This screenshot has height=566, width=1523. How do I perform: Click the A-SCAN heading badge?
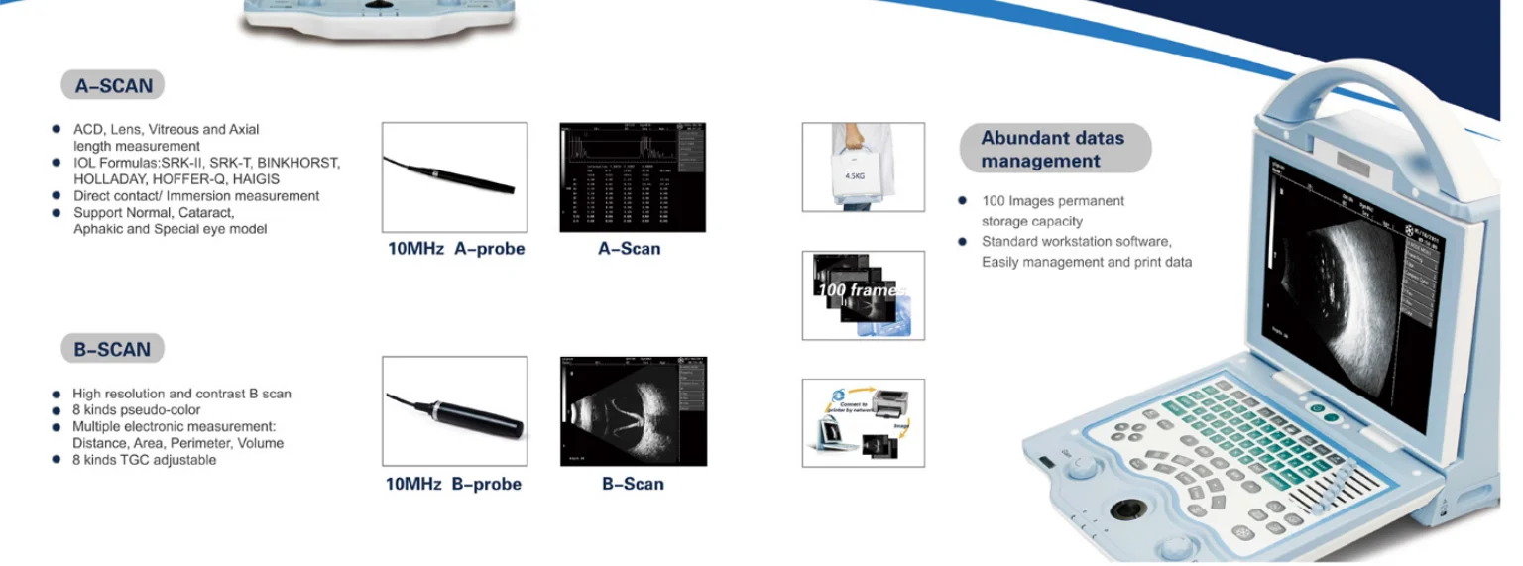pos(113,86)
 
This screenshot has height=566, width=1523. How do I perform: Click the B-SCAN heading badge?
pos(112,349)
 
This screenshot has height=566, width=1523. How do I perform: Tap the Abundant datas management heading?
pos(1053,149)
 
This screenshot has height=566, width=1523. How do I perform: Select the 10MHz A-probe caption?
pos(455,249)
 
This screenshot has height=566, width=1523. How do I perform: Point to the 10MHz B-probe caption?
pos(453,484)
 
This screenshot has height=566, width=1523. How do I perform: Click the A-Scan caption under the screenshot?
pos(629,249)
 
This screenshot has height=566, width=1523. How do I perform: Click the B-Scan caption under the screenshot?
pos(632,484)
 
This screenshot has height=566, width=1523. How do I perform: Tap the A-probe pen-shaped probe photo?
pos(454,176)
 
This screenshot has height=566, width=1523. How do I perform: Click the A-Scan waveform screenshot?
pos(633,177)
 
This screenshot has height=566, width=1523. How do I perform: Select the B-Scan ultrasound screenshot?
pos(633,411)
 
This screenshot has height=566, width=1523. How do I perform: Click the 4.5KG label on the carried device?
pos(854,175)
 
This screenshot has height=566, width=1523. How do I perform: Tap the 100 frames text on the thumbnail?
pos(859,290)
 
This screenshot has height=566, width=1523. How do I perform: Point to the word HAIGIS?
pos(256,179)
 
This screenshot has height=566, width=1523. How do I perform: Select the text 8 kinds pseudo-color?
pos(136,410)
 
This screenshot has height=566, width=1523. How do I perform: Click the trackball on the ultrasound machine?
pos(1126,509)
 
